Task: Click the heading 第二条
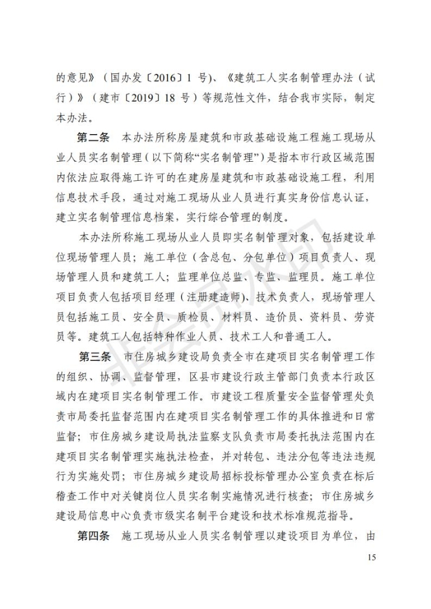click(92, 137)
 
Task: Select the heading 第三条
click(94, 357)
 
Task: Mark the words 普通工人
click(313, 336)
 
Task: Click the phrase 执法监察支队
click(196, 437)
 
